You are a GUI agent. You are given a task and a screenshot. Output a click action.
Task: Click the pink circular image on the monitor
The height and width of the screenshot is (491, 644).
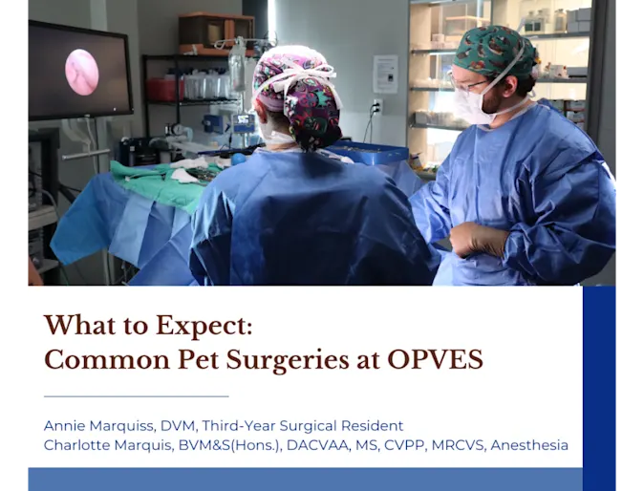(x=81, y=72)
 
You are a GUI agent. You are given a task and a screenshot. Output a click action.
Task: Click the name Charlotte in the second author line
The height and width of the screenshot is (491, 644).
(x=78, y=445)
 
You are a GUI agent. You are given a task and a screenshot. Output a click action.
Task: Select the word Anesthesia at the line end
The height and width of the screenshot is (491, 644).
(x=529, y=445)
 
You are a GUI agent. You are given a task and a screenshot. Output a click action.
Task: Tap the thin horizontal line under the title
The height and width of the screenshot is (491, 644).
(x=137, y=395)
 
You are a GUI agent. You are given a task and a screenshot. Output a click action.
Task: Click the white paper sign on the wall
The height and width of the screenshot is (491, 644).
(x=385, y=74)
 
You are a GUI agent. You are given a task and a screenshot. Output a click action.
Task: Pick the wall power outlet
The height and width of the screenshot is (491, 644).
(x=376, y=107)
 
